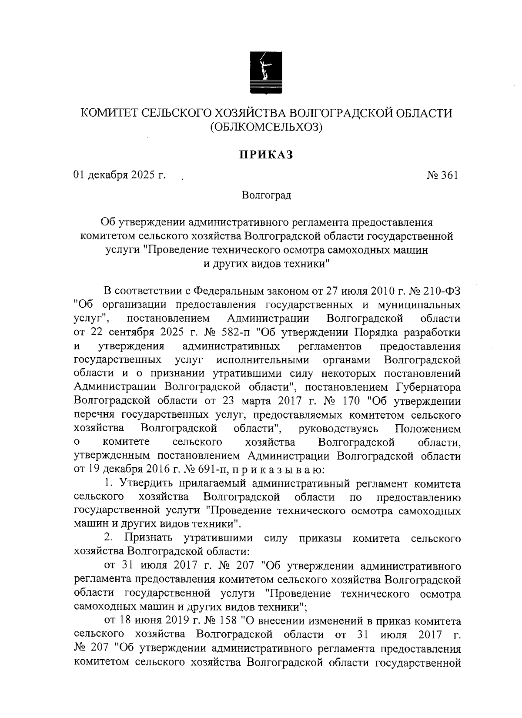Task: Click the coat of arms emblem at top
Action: pyautogui.click(x=266, y=72)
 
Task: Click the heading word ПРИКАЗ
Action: pyautogui.click(x=266, y=154)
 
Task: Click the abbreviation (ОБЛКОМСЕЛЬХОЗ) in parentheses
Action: pyautogui.click(x=266, y=127)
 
